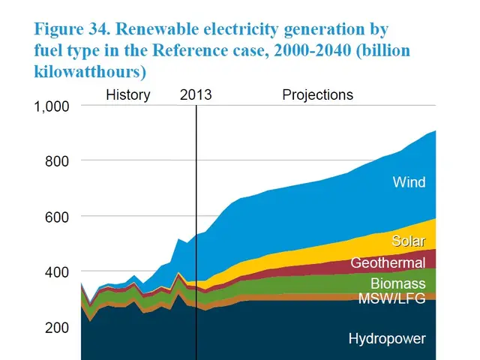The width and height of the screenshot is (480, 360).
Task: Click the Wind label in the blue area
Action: click(x=409, y=182)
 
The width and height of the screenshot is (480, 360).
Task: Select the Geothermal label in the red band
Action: click(x=388, y=263)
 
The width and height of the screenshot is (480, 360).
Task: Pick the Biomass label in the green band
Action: click(x=397, y=283)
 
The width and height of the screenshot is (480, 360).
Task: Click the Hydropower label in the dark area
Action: click(x=387, y=339)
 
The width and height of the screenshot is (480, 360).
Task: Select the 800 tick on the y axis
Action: click(x=57, y=161)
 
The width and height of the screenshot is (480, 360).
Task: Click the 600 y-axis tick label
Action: click(x=57, y=217)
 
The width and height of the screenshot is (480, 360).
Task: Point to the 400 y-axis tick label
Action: click(x=57, y=271)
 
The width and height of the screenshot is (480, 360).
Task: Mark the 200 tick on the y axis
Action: click(x=57, y=327)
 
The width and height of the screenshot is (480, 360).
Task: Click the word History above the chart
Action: click(x=127, y=95)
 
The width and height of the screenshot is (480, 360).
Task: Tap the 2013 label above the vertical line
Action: click(x=196, y=95)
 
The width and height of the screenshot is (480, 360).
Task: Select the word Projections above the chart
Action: click(x=317, y=95)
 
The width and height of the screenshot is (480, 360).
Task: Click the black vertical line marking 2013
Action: click(x=196, y=225)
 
